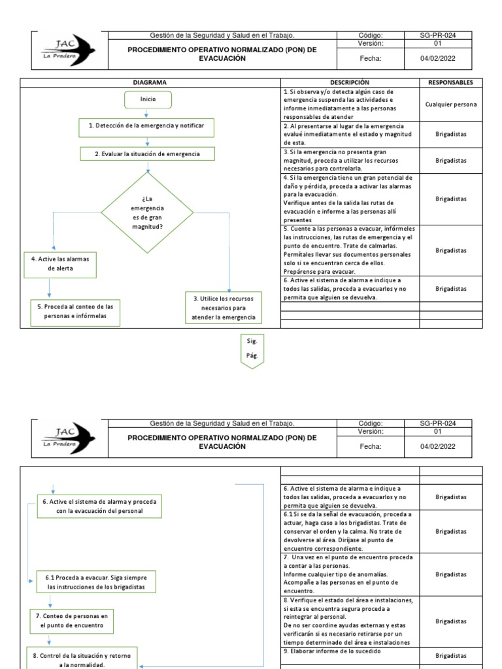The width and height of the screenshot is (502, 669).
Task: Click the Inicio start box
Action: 148,100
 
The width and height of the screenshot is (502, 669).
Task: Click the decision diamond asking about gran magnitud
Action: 147,212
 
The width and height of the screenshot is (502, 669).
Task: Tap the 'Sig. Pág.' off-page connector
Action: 252,351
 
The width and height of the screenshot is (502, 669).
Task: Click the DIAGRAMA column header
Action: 150,82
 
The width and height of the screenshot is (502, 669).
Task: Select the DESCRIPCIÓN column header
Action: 349,82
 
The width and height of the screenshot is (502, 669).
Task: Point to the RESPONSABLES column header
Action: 450,82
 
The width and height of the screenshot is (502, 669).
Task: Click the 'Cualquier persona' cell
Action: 450,105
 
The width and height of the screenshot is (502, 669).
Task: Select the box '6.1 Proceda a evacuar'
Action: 97,583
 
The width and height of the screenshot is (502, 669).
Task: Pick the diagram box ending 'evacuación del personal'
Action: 99,506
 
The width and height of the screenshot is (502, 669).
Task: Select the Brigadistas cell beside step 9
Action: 450,655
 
